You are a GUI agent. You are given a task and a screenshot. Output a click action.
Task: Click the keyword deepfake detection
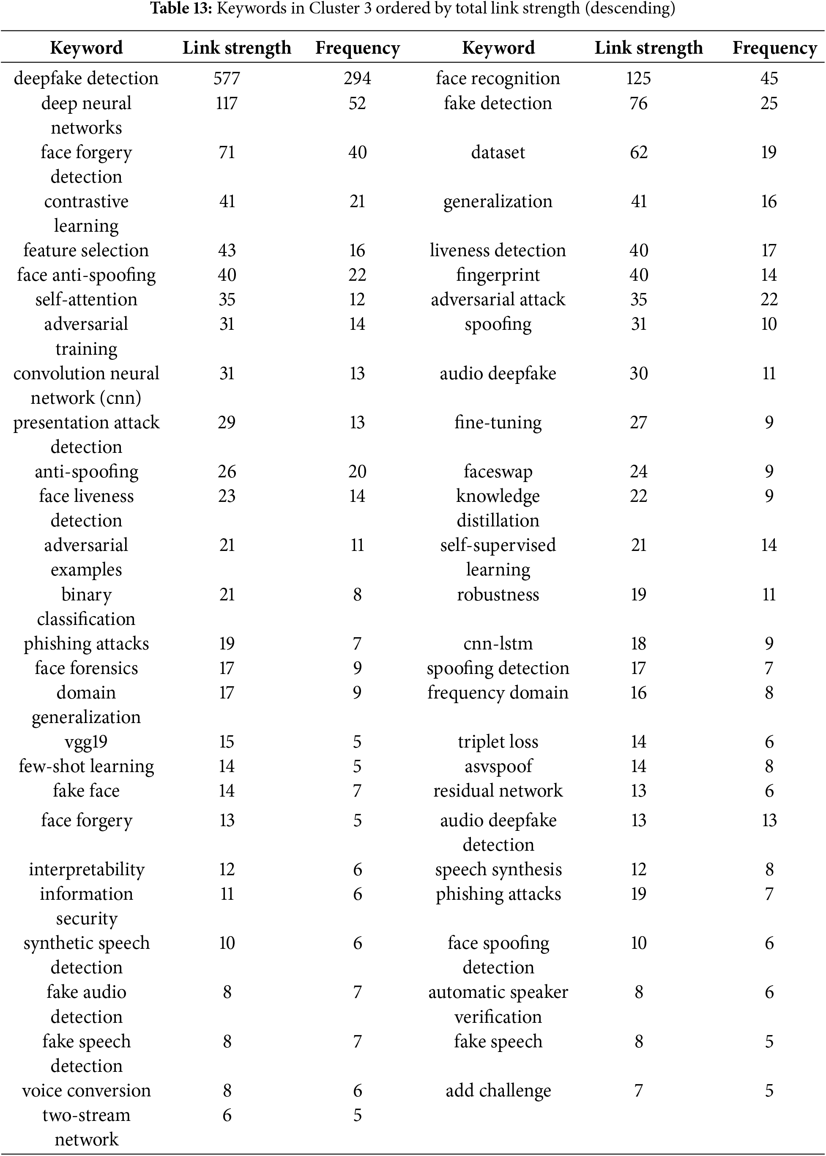click(86, 78)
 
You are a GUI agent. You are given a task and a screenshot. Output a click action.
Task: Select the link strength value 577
click(227, 78)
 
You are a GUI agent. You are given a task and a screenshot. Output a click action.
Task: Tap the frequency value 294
click(357, 78)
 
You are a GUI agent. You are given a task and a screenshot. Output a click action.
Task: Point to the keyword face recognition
click(498, 78)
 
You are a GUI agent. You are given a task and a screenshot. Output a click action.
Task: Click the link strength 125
click(638, 78)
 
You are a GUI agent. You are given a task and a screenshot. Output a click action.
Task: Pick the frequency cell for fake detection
click(769, 103)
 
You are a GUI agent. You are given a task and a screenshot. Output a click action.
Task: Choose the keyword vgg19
click(86, 741)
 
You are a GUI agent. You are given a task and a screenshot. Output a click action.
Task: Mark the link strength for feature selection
click(227, 250)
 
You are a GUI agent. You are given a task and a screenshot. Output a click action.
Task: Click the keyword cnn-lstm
click(498, 644)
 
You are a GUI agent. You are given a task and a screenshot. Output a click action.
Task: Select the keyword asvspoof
click(498, 766)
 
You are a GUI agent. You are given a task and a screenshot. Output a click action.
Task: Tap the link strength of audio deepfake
click(638, 373)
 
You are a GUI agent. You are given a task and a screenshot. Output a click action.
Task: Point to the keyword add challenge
click(498, 1091)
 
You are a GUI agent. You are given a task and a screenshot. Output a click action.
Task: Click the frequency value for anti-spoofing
click(357, 472)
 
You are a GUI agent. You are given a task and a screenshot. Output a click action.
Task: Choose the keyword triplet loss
click(498, 741)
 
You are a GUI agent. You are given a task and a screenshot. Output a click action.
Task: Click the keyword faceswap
click(498, 472)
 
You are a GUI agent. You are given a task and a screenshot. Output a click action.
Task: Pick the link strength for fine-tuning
click(638, 422)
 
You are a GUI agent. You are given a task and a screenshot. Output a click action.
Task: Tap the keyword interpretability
click(86, 870)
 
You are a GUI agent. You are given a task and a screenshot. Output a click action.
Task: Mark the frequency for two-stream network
click(357, 1115)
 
